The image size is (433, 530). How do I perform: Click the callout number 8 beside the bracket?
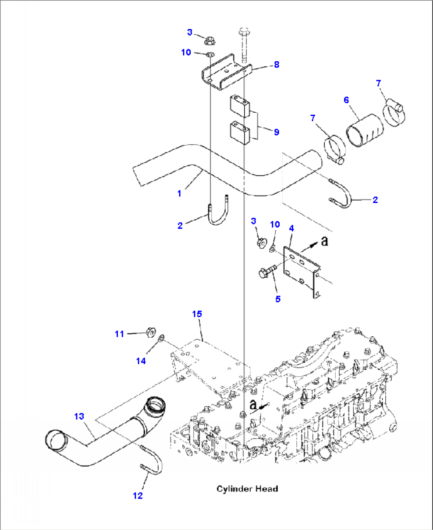coord(276,65)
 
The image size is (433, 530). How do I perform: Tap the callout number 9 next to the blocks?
coord(276,132)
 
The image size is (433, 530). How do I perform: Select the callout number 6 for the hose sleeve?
coord(346,100)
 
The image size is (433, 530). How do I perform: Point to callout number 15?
coord(197,314)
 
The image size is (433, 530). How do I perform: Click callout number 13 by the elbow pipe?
coord(79,416)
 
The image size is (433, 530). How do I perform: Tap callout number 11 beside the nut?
coord(119,334)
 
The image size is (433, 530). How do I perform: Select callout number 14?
coord(141,361)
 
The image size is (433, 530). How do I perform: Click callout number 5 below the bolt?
coord(278,299)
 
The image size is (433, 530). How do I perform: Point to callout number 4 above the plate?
coord(291,228)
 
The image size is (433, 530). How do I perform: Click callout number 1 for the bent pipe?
coord(179,193)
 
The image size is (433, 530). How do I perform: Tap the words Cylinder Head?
coord(247,489)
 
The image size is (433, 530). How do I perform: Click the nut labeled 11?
coord(151,332)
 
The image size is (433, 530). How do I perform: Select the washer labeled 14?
coord(161,339)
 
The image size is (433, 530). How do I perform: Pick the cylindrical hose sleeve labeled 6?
coord(365,131)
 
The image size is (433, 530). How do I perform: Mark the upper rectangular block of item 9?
coord(240,106)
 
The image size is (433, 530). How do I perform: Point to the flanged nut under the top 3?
coord(210,41)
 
